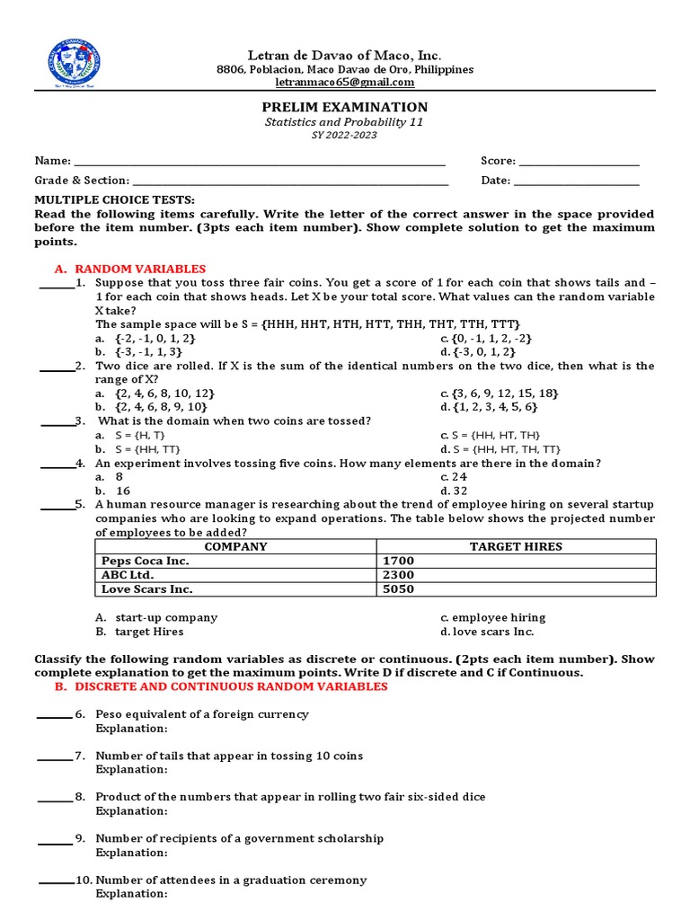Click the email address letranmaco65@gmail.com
(344, 83)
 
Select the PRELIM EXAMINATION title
(344, 107)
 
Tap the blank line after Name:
(260, 162)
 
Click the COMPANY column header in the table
(235, 546)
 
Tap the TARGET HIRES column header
(516, 546)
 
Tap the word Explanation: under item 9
(131, 853)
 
